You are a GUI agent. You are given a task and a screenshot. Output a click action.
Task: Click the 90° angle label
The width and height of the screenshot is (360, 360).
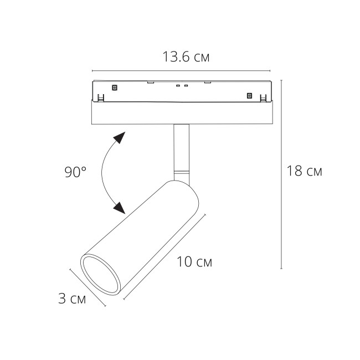tap(75, 172)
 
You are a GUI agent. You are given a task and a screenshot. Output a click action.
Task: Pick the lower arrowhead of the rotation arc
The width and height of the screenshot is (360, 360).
tap(118, 208)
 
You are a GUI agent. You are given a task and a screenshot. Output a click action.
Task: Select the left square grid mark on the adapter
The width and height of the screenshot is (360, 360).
tap(115, 87)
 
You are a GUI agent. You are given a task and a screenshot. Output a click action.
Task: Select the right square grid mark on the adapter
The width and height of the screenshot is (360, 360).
tap(249, 95)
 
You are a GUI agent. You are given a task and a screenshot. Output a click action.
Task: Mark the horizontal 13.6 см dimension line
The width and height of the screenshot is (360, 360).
tap(183, 71)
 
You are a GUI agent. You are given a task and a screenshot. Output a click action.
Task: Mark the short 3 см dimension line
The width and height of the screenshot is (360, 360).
tap(88, 287)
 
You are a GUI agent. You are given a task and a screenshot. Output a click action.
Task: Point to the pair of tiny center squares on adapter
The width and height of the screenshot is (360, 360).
tap(182, 86)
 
